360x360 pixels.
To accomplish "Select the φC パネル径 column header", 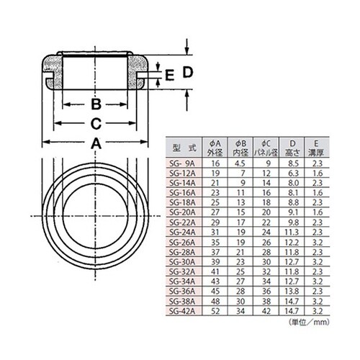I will tap(266, 147).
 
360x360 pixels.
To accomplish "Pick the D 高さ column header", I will tap(291, 147).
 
